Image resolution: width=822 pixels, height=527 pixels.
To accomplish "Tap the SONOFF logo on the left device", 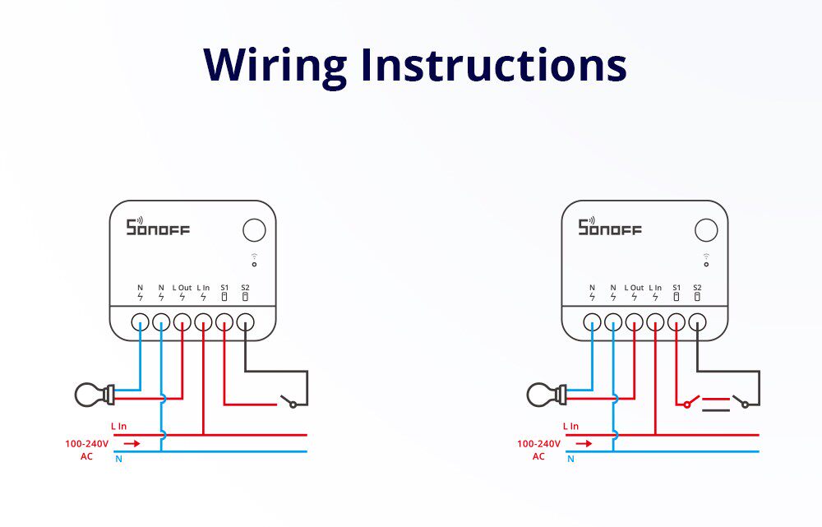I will [x=157, y=227].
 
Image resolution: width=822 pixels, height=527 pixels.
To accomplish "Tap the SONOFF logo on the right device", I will [x=609, y=227].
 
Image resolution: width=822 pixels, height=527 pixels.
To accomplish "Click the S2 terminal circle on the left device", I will [x=245, y=321].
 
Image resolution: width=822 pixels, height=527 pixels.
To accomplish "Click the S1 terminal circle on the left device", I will [x=224, y=321].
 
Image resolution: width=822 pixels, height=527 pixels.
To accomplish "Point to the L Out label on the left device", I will [x=182, y=288].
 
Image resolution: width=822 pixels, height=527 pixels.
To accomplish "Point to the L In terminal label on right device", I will [x=655, y=288].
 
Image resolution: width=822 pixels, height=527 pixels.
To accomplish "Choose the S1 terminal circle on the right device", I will [x=677, y=321].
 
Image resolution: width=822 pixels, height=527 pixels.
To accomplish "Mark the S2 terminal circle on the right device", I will [x=697, y=321].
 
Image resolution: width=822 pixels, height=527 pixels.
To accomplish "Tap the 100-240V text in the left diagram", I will [x=86, y=443].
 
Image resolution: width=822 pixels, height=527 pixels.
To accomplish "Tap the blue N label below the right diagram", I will [x=570, y=459].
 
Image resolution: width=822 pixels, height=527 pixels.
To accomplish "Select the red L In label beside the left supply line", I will [x=118, y=427].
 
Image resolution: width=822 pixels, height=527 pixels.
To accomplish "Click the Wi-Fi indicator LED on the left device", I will [x=254, y=264].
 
